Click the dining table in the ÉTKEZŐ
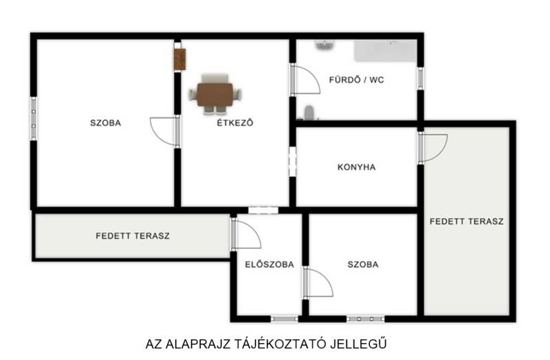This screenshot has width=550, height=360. (215, 94)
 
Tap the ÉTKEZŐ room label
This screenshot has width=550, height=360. (234, 123)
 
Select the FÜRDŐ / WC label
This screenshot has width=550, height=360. (356, 80)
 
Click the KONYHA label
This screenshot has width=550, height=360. (356, 167)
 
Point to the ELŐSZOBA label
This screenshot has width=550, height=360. (269, 265)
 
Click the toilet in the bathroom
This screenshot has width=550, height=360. (309, 113)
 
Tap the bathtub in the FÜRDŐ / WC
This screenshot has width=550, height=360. (386, 50)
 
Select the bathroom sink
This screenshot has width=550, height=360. (324, 45)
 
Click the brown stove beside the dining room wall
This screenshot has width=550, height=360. (179, 59)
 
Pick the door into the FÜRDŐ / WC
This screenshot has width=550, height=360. (305, 79)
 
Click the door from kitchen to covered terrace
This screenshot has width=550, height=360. (432, 148)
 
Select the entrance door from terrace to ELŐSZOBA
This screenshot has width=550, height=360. (245, 233)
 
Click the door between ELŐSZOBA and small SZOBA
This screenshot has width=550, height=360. (318, 282)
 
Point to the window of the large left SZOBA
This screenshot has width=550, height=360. (34, 118)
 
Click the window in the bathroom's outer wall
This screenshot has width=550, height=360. (420, 78)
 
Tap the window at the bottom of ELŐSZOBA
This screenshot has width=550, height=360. (285, 319)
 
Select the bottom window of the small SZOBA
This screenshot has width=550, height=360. (366, 319)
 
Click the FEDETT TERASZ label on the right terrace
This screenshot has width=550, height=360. (467, 221)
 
